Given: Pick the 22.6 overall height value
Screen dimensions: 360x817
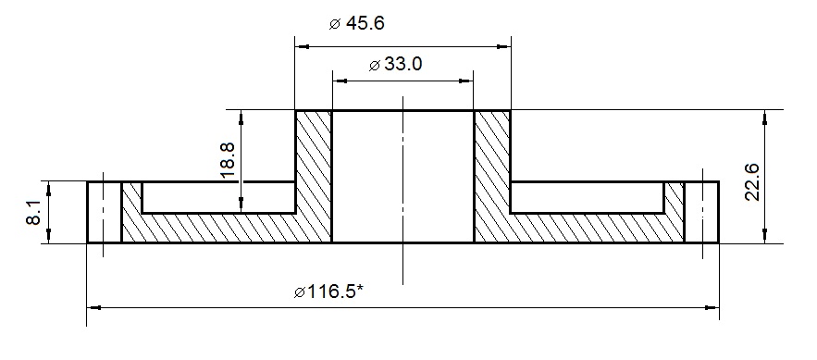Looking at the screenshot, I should (x=751, y=180).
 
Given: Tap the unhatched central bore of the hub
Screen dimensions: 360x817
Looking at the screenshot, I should (x=402, y=176).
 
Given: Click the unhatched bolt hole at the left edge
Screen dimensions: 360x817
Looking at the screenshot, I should (x=105, y=212).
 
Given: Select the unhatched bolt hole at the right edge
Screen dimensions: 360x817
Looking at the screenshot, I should (x=702, y=212).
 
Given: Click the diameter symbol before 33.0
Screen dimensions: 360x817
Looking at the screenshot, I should (x=374, y=66).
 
